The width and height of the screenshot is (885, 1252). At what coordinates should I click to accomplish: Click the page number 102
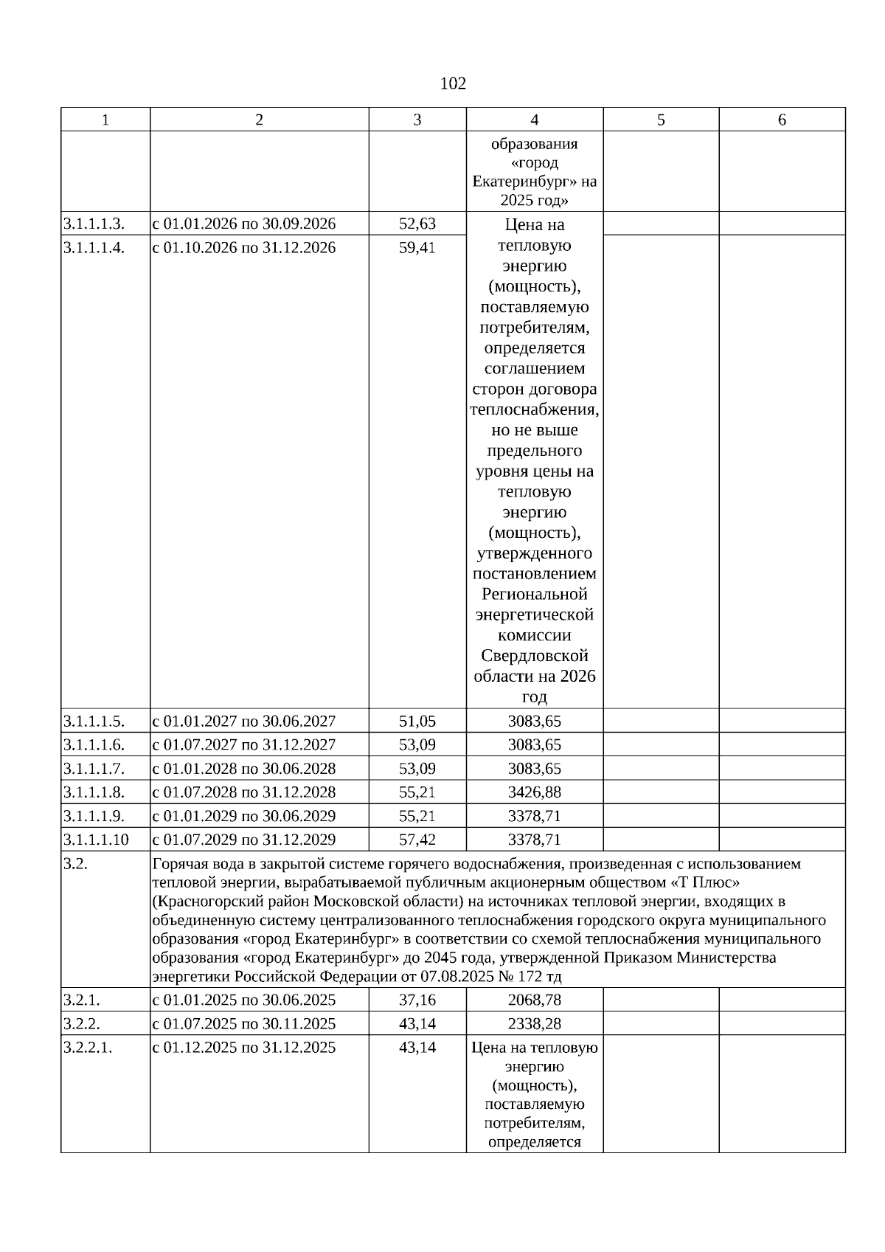click(453, 83)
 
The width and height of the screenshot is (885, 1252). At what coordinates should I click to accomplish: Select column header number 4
click(535, 120)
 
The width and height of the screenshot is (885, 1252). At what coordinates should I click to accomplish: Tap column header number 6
click(782, 120)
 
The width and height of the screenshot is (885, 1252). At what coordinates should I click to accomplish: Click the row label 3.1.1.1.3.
click(94, 224)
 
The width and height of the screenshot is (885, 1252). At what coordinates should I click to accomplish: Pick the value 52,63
click(417, 224)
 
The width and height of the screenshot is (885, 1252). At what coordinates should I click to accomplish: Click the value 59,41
click(417, 247)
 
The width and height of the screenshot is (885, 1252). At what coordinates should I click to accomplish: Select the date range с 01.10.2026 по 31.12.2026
click(244, 247)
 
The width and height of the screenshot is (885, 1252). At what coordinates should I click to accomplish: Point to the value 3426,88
click(535, 792)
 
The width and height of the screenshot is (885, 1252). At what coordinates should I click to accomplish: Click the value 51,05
click(417, 721)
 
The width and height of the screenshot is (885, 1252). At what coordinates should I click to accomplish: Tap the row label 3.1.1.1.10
click(96, 839)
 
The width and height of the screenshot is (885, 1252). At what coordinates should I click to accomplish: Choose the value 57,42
click(417, 839)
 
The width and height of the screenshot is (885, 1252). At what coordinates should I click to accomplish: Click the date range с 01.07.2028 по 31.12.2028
click(244, 792)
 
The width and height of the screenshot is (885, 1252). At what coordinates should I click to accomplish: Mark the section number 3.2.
click(76, 864)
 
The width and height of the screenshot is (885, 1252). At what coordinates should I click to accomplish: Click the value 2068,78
click(535, 1000)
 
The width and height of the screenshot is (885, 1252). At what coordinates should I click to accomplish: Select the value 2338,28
click(535, 1023)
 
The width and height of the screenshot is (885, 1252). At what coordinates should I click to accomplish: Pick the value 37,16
click(417, 1000)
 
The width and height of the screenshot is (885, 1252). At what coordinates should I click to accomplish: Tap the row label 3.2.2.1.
click(88, 1047)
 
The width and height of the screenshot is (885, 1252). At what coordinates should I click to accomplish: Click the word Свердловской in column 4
click(535, 655)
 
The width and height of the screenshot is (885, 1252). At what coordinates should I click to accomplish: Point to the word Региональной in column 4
click(535, 594)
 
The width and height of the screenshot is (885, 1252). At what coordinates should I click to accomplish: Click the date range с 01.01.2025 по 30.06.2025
click(244, 1000)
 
